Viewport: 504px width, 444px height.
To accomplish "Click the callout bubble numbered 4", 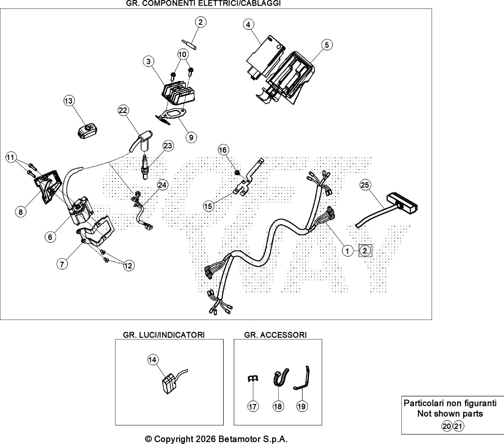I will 248,25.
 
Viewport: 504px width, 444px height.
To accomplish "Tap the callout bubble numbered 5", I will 327,45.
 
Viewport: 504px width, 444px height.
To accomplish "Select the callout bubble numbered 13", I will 68,101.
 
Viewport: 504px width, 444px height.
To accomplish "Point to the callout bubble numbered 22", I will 123,110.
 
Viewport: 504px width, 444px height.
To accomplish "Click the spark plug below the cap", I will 145,167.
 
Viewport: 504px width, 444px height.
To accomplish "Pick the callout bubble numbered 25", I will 365,185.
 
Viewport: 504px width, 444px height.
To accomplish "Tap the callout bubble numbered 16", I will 223,150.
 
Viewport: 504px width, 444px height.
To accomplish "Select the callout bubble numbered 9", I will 191,137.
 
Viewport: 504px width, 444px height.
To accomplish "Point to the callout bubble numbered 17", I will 253,407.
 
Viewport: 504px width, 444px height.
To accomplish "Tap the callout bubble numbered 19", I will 301,407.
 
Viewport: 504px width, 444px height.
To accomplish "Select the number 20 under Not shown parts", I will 446,426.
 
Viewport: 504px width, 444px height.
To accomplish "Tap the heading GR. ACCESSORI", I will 275,335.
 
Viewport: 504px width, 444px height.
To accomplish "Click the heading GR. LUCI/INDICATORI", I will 164,335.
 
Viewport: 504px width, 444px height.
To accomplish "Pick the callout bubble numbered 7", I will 62,264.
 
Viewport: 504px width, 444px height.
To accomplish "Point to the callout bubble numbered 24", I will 162,185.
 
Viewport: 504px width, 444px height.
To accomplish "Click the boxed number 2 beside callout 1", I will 365,251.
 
